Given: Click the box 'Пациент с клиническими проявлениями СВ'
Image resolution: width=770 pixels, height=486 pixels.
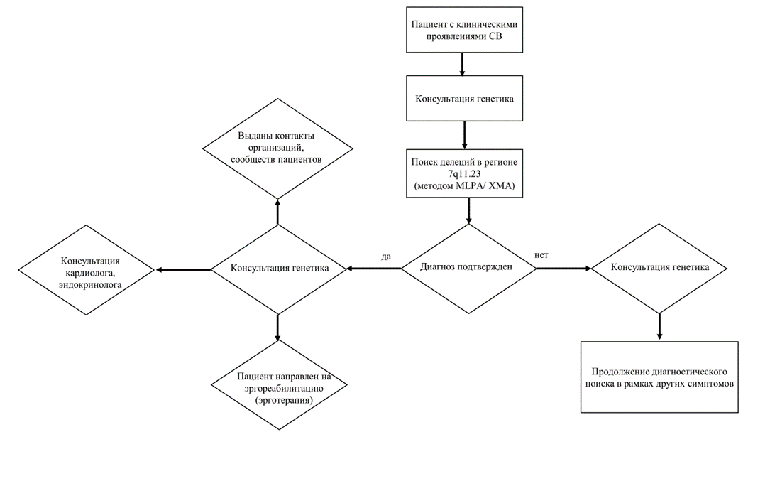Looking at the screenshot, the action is click(464, 30).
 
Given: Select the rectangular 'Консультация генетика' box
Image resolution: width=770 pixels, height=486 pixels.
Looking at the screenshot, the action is click(464, 98).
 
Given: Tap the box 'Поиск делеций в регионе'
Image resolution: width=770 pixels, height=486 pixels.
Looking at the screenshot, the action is click(464, 173).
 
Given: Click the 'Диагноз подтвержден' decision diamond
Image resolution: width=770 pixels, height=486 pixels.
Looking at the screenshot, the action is click(468, 268).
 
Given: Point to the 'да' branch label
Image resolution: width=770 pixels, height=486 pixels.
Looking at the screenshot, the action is click(386, 256).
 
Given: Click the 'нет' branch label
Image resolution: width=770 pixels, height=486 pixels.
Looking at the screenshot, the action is click(541, 255).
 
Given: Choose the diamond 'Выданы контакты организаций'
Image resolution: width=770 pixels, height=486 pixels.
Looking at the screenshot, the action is click(278, 148).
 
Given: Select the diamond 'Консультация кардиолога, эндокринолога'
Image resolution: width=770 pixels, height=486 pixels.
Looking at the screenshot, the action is click(87, 270).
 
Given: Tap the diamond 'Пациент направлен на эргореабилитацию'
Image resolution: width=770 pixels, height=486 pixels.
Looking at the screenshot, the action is click(279, 385).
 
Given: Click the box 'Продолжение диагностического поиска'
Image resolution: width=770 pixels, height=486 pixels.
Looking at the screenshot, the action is click(659, 377).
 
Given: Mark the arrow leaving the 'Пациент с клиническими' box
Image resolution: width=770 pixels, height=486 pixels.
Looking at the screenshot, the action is click(462, 64).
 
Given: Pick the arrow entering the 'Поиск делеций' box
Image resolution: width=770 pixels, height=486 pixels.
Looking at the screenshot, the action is click(465, 135).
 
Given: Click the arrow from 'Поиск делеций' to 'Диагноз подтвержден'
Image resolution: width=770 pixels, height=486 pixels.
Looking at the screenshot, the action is click(468, 210).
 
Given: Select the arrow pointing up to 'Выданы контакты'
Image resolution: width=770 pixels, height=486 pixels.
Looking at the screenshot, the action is click(278, 212).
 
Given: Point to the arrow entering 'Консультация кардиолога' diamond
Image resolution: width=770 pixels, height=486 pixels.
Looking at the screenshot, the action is click(183, 269).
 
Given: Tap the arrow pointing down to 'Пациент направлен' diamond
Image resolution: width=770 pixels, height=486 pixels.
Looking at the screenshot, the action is click(277, 327).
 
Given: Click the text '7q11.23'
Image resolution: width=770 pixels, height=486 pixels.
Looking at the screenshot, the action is click(464, 173).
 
